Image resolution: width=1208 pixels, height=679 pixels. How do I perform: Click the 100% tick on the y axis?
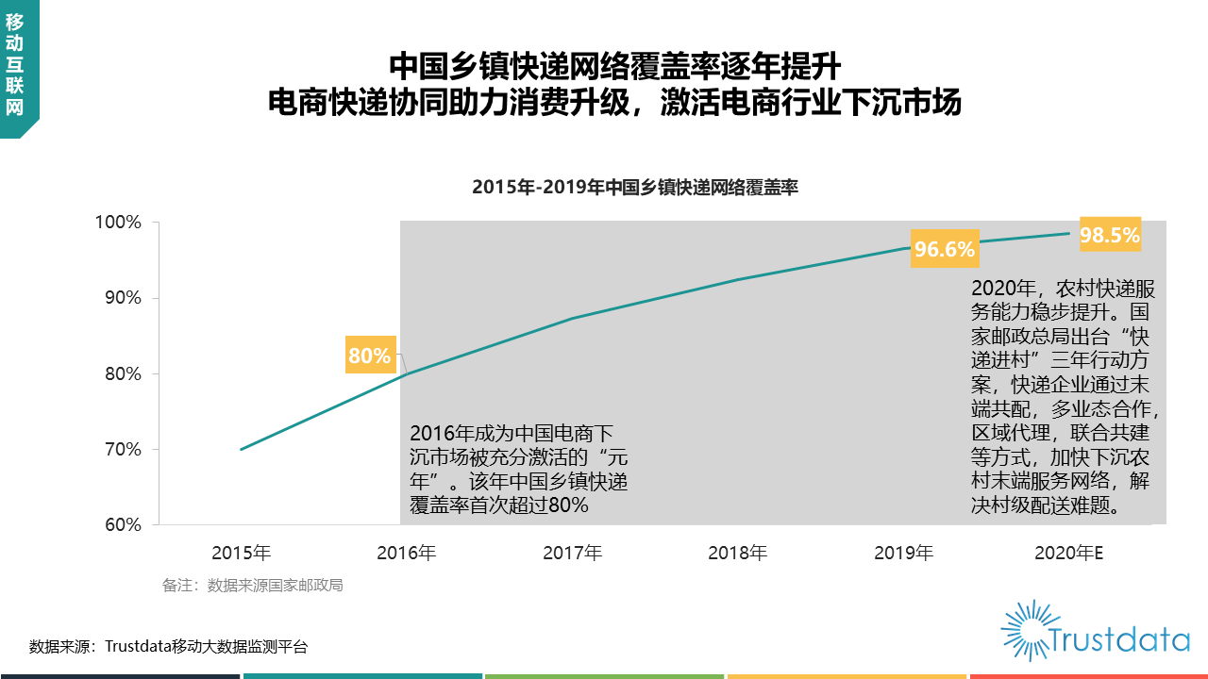click(117, 223)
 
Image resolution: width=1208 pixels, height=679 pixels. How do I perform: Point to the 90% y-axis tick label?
click(121, 298)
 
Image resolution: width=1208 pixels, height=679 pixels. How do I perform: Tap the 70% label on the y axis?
click(121, 450)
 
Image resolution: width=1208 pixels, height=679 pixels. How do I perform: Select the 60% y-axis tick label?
click(121, 525)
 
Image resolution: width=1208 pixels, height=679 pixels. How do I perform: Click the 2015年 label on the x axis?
click(241, 553)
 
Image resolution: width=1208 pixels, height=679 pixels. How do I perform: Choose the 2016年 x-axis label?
click(407, 553)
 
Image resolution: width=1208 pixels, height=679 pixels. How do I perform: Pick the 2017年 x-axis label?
click(572, 553)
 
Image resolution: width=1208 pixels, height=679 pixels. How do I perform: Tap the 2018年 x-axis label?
click(738, 553)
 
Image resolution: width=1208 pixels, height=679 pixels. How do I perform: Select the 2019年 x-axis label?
click(903, 553)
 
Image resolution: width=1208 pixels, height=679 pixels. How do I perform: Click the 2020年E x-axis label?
click(1069, 553)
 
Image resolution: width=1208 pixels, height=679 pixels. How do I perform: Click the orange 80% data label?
click(369, 356)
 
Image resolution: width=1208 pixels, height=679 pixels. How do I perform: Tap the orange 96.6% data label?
click(944, 249)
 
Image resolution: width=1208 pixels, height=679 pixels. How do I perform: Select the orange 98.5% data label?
click(1110, 236)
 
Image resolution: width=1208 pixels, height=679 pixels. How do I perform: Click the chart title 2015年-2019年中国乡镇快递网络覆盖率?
click(635, 188)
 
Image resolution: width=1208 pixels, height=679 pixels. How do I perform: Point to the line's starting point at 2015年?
click(242, 449)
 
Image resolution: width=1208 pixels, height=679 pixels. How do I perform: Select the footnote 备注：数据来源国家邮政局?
click(252, 586)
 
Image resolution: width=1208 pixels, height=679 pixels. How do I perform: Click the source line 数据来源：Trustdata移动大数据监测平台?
click(168, 647)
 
